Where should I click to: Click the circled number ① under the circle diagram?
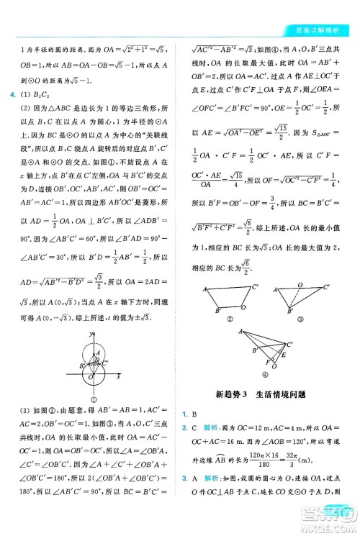point(94,401)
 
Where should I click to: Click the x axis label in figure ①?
point(117,376)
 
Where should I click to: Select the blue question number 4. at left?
point(9,94)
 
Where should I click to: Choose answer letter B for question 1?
point(194,414)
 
